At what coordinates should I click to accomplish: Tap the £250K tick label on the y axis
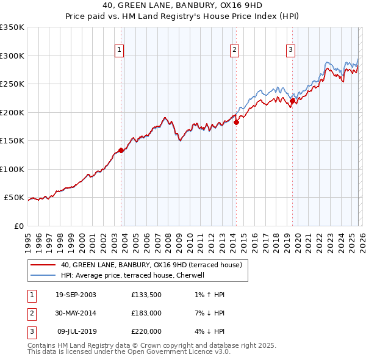click(x=12, y=84)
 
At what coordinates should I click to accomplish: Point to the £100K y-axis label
click(x=12, y=169)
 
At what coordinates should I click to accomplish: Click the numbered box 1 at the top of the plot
click(x=119, y=50)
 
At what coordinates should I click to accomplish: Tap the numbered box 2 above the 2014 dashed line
click(x=234, y=50)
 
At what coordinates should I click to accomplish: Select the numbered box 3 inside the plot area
click(x=291, y=50)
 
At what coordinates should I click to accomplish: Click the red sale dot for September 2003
click(x=121, y=150)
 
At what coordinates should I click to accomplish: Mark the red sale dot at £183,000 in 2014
click(x=236, y=122)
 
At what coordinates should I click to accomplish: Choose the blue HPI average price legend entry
click(x=132, y=275)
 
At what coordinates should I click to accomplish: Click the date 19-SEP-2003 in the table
click(x=76, y=295)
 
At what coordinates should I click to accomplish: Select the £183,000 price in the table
click(x=146, y=313)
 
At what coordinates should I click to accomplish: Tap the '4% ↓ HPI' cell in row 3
click(x=207, y=331)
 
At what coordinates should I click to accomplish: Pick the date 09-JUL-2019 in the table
click(x=76, y=331)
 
